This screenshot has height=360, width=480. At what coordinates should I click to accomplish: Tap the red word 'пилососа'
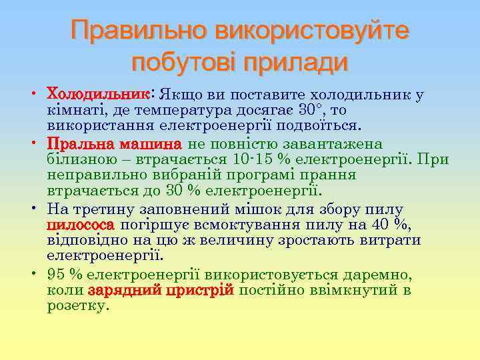80,225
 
